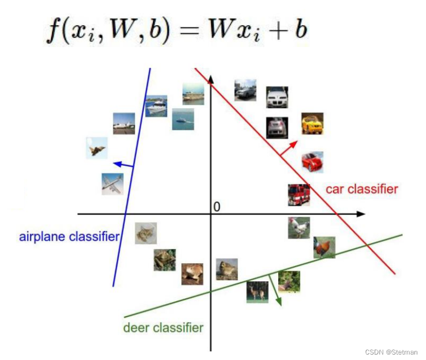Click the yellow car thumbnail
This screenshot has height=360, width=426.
(x=312, y=124)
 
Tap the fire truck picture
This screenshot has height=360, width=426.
(x=299, y=195)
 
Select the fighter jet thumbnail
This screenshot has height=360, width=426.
(x=97, y=148)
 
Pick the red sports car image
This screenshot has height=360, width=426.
(x=312, y=162)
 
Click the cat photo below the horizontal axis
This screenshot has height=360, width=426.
(x=146, y=233)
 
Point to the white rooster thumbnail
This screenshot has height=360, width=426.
(x=299, y=228)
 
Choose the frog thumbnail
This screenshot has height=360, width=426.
(x=164, y=259)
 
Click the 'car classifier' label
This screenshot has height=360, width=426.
(x=361, y=189)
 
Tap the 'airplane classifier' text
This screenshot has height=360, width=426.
(x=69, y=237)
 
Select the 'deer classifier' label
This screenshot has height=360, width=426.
(x=163, y=328)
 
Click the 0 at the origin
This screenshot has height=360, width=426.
(x=217, y=207)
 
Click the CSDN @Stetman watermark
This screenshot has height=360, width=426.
(x=390, y=352)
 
